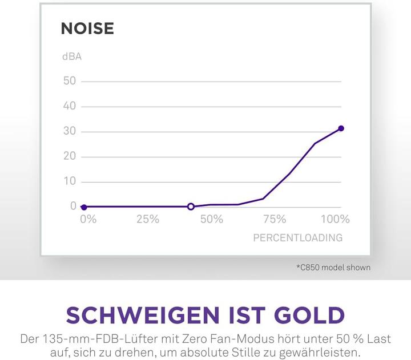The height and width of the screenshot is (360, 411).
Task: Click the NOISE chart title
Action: (x=87, y=29)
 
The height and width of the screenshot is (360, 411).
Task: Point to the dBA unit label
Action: (x=72, y=56)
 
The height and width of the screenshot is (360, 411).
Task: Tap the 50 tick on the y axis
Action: (x=70, y=81)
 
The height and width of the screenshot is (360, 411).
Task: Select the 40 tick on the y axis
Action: (x=70, y=106)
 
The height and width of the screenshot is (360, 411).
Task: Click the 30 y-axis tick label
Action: (x=70, y=131)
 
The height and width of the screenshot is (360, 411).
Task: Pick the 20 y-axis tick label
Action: (x=70, y=156)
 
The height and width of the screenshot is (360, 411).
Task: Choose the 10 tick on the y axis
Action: (x=70, y=181)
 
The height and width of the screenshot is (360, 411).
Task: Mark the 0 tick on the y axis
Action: (x=73, y=206)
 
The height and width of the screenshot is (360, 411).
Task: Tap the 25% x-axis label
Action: (x=147, y=220)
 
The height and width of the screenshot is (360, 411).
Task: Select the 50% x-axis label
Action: (x=211, y=220)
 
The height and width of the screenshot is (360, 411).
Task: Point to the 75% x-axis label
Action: (x=275, y=220)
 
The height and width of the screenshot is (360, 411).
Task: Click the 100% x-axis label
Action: (x=335, y=220)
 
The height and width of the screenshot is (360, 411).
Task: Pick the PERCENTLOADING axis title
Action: (x=298, y=238)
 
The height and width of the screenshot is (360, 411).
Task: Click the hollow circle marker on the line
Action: (x=191, y=207)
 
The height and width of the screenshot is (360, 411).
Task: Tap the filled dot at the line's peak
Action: (x=341, y=128)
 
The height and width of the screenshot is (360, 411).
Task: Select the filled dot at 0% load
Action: (x=84, y=207)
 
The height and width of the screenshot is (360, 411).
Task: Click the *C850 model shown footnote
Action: (x=333, y=267)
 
